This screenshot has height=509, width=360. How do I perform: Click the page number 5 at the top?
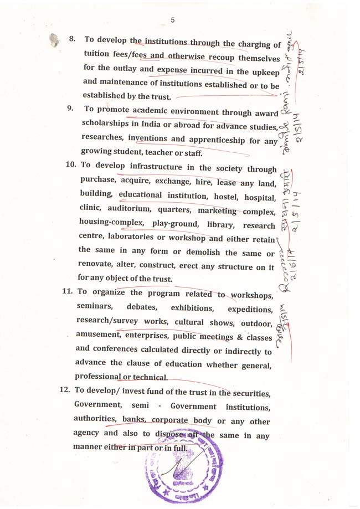point(173,20)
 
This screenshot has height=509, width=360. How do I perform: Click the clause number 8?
point(72,39)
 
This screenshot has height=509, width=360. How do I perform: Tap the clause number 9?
point(71,109)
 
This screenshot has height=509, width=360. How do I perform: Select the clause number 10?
point(71,164)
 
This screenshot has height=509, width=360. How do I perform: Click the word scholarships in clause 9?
point(105,123)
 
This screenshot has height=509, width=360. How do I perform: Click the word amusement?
point(97,336)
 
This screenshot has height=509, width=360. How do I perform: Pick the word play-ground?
point(175,224)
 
